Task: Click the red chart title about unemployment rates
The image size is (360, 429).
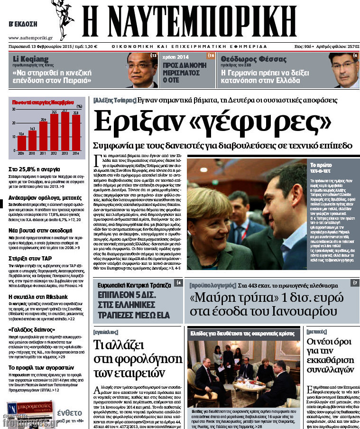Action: (x=43, y=102)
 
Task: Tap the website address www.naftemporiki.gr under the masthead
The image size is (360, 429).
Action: (x=30, y=37)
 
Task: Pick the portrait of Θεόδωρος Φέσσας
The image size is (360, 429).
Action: (x=343, y=70)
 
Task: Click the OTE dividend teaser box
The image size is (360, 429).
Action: (x=188, y=70)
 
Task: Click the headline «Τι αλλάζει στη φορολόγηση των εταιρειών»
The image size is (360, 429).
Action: (x=137, y=358)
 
